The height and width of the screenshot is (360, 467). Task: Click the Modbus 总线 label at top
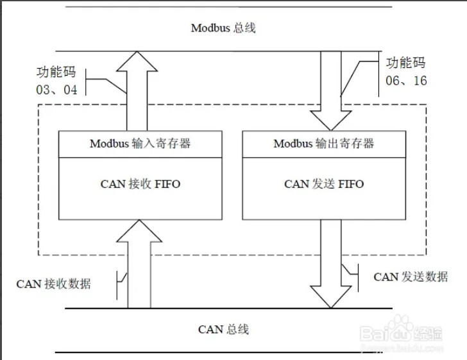coord(224,28)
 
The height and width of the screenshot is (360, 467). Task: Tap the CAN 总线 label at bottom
coord(223,329)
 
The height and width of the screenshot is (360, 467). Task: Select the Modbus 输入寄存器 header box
coord(140,144)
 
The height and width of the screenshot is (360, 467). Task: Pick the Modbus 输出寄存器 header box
coord(323,144)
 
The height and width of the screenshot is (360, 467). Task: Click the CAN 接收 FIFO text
coord(140,184)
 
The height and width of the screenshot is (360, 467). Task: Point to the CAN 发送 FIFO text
coord(324,184)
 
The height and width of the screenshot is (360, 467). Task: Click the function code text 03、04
coord(57,90)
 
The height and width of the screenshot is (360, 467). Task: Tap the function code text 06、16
coord(406,81)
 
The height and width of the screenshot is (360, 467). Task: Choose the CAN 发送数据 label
coord(411,277)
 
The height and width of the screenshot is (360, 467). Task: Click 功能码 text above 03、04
coord(56,72)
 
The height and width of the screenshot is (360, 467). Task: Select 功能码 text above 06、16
coord(405,63)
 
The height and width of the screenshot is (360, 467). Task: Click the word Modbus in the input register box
coord(109,144)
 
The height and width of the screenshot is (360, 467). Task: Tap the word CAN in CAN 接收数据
coord(28,284)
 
